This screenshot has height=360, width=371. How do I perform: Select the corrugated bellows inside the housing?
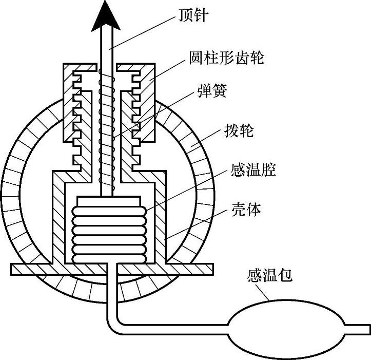point(109,232)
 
